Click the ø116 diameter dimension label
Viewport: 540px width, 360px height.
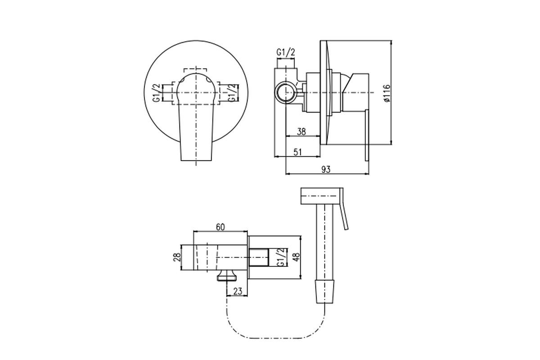(x=387, y=93)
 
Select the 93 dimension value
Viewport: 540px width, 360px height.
(x=326, y=170)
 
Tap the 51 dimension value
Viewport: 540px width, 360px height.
(x=298, y=152)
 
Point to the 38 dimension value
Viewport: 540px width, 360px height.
(x=301, y=132)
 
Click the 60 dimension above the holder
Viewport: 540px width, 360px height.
(x=220, y=227)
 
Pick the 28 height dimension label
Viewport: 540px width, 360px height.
(x=177, y=257)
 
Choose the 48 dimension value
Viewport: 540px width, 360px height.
(x=296, y=257)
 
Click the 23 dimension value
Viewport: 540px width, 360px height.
(x=238, y=291)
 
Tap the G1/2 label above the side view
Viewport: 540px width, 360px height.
(x=286, y=52)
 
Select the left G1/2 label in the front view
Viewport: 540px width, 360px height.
(x=157, y=93)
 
